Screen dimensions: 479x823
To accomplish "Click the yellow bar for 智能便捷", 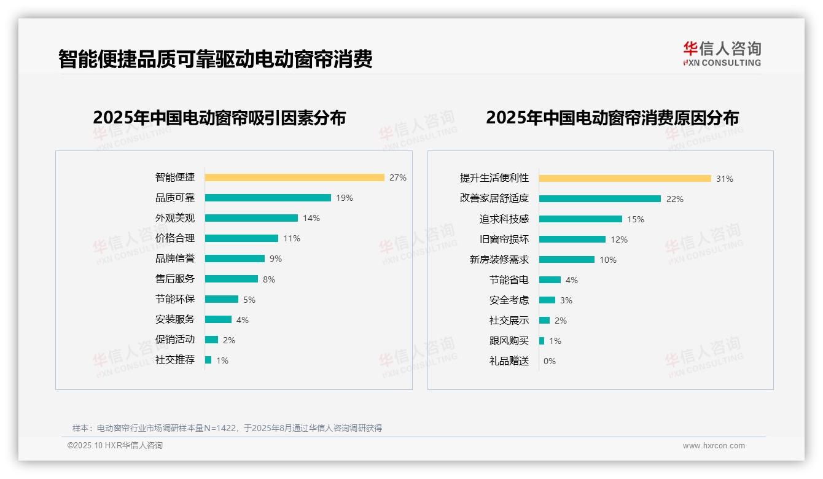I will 294,177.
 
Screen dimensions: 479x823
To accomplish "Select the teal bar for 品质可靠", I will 268,198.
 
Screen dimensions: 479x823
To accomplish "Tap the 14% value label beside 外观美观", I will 311,218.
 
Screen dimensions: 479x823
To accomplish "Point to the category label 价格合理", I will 175,238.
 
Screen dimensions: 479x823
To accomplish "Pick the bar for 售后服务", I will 231,279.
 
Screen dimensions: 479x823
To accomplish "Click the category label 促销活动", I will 175,340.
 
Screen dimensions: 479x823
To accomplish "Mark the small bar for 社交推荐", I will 208,360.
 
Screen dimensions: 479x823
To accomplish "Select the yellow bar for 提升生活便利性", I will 625,179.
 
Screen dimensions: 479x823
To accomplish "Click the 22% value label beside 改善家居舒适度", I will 674,199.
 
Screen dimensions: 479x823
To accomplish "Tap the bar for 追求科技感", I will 580,219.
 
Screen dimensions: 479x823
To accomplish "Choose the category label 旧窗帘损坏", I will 504,240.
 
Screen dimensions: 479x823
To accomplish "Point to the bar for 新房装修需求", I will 566,260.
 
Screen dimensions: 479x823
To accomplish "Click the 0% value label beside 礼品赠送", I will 549,361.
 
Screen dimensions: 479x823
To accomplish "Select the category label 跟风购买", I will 509,341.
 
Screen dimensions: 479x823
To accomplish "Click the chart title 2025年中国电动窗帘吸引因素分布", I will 219,118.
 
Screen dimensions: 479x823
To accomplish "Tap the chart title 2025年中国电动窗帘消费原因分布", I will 612,118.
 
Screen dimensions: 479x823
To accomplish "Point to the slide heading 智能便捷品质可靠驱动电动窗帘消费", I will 215,60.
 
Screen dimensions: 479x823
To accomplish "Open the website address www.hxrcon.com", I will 714,446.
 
